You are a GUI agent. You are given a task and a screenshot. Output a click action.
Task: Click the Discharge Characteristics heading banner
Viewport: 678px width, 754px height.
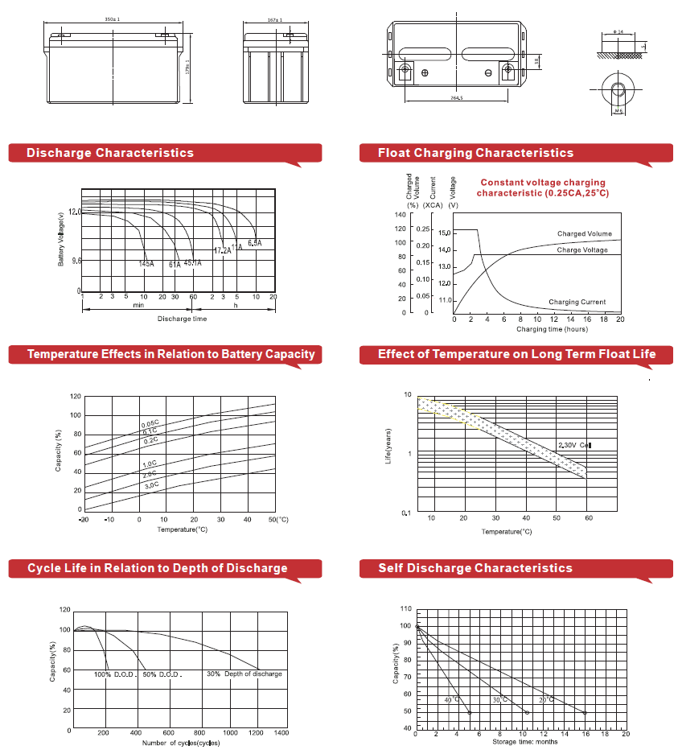(110, 153)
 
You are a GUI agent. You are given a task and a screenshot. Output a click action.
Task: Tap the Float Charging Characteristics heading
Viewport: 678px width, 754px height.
(476, 153)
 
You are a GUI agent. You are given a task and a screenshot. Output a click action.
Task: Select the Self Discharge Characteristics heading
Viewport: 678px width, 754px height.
(475, 568)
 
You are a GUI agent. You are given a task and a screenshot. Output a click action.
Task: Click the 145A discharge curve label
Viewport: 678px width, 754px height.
(146, 264)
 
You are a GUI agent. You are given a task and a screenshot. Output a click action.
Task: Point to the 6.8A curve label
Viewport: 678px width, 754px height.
(255, 243)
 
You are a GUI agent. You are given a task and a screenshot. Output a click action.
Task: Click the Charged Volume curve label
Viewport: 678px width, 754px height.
(585, 234)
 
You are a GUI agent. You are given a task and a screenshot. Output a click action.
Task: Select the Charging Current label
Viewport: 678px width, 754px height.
(577, 303)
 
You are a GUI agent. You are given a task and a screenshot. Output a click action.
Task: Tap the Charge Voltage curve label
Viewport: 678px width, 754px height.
(582, 250)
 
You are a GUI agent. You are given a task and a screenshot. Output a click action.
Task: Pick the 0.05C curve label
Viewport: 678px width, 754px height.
(150, 424)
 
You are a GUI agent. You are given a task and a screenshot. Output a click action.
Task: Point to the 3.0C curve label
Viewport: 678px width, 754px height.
(151, 486)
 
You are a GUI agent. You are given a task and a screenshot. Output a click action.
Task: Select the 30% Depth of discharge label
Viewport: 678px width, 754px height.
(244, 674)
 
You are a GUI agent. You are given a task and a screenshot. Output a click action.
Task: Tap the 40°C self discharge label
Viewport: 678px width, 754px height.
(452, 700)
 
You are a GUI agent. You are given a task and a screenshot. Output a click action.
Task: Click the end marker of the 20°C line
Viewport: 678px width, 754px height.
(585, 713)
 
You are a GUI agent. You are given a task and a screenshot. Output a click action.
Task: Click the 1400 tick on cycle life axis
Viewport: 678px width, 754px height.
(281, 733)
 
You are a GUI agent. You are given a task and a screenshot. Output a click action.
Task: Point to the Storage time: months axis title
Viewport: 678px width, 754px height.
(524, 741)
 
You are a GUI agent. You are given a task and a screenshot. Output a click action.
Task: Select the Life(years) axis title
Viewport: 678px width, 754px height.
(388, 447)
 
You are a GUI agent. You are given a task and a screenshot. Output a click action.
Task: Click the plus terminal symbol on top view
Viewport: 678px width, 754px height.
(425, 73)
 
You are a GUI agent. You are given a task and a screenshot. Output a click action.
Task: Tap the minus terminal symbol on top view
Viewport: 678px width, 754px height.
(488, 73)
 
